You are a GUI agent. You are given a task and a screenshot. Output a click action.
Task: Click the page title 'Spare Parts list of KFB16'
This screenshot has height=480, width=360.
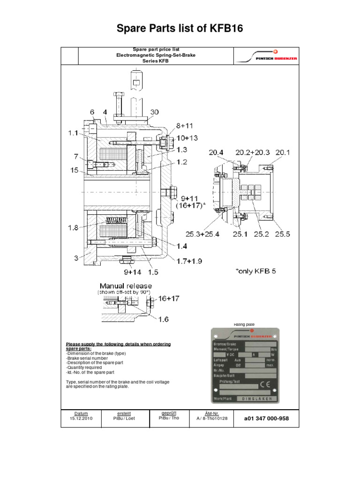(x=180, y=30)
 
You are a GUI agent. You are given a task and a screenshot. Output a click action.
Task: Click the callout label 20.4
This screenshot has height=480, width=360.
(x=217, y=152)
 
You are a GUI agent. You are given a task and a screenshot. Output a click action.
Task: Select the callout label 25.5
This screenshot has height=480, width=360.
(x=285, y=233)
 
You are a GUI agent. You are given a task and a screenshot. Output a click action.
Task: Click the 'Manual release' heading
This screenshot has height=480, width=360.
(x=126, y=285)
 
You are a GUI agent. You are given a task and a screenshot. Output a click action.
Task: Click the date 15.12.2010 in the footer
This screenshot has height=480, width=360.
(x=82, y=418)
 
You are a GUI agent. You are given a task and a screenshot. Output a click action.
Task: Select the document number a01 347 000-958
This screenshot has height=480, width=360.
(x=266, y=418)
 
